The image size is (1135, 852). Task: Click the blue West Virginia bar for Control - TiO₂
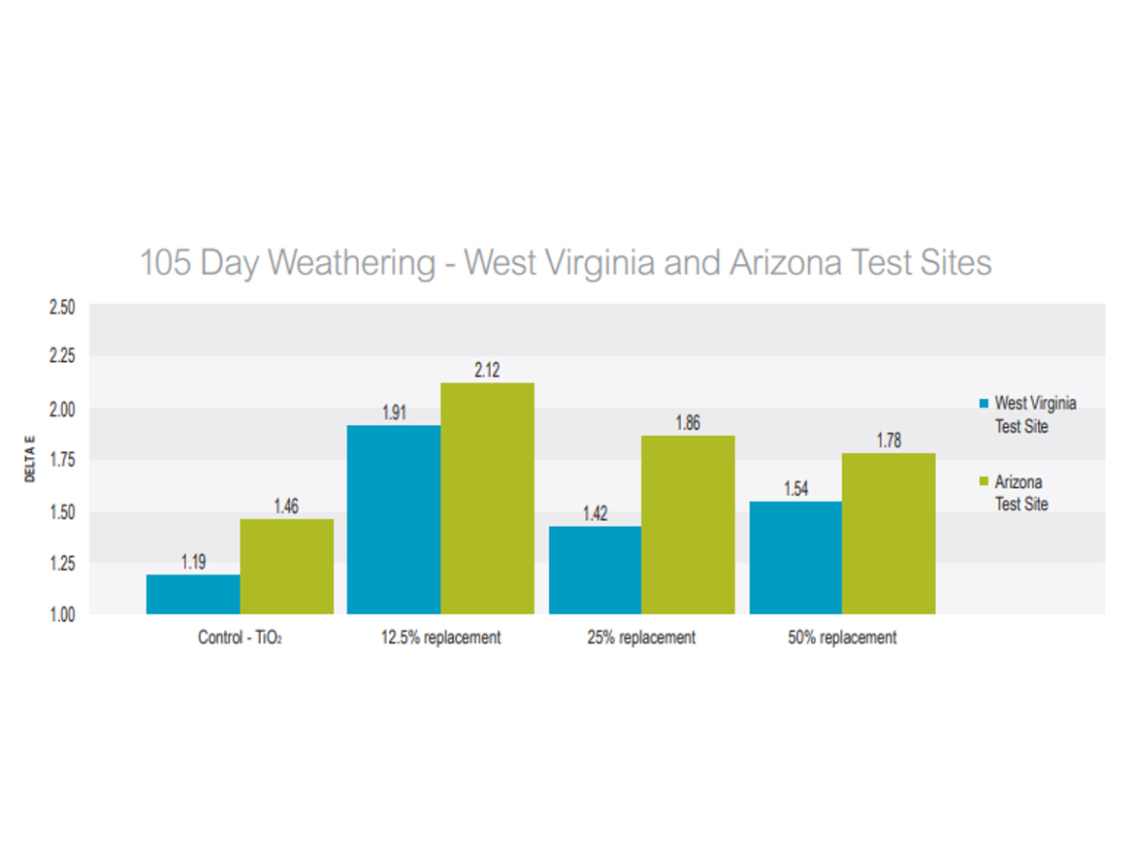[193, 594]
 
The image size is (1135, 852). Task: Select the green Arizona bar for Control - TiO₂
[287, 567]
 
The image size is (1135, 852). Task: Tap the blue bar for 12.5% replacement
[394, 519]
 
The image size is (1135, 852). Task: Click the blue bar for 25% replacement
[595, 570]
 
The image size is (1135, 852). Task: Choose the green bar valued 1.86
[688, 524]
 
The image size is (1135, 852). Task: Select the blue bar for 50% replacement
[795, 557]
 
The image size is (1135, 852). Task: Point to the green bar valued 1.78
[889, 533]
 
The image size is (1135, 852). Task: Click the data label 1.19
[193, 562]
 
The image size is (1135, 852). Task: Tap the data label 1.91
[394, 412]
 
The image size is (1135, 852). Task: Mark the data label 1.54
[795, 489]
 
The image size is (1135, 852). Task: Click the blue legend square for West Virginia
[983, 404]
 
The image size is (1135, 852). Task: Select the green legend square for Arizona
[983, 481]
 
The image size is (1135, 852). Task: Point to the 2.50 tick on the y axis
[61, 307]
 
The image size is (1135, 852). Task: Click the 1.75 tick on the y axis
[61, 460]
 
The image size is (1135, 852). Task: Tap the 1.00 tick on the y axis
[61, 613]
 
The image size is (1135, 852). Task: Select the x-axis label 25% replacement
[641, 638]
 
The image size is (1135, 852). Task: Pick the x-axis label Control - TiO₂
[240, 638]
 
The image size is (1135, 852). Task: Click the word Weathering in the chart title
[352, 263]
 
